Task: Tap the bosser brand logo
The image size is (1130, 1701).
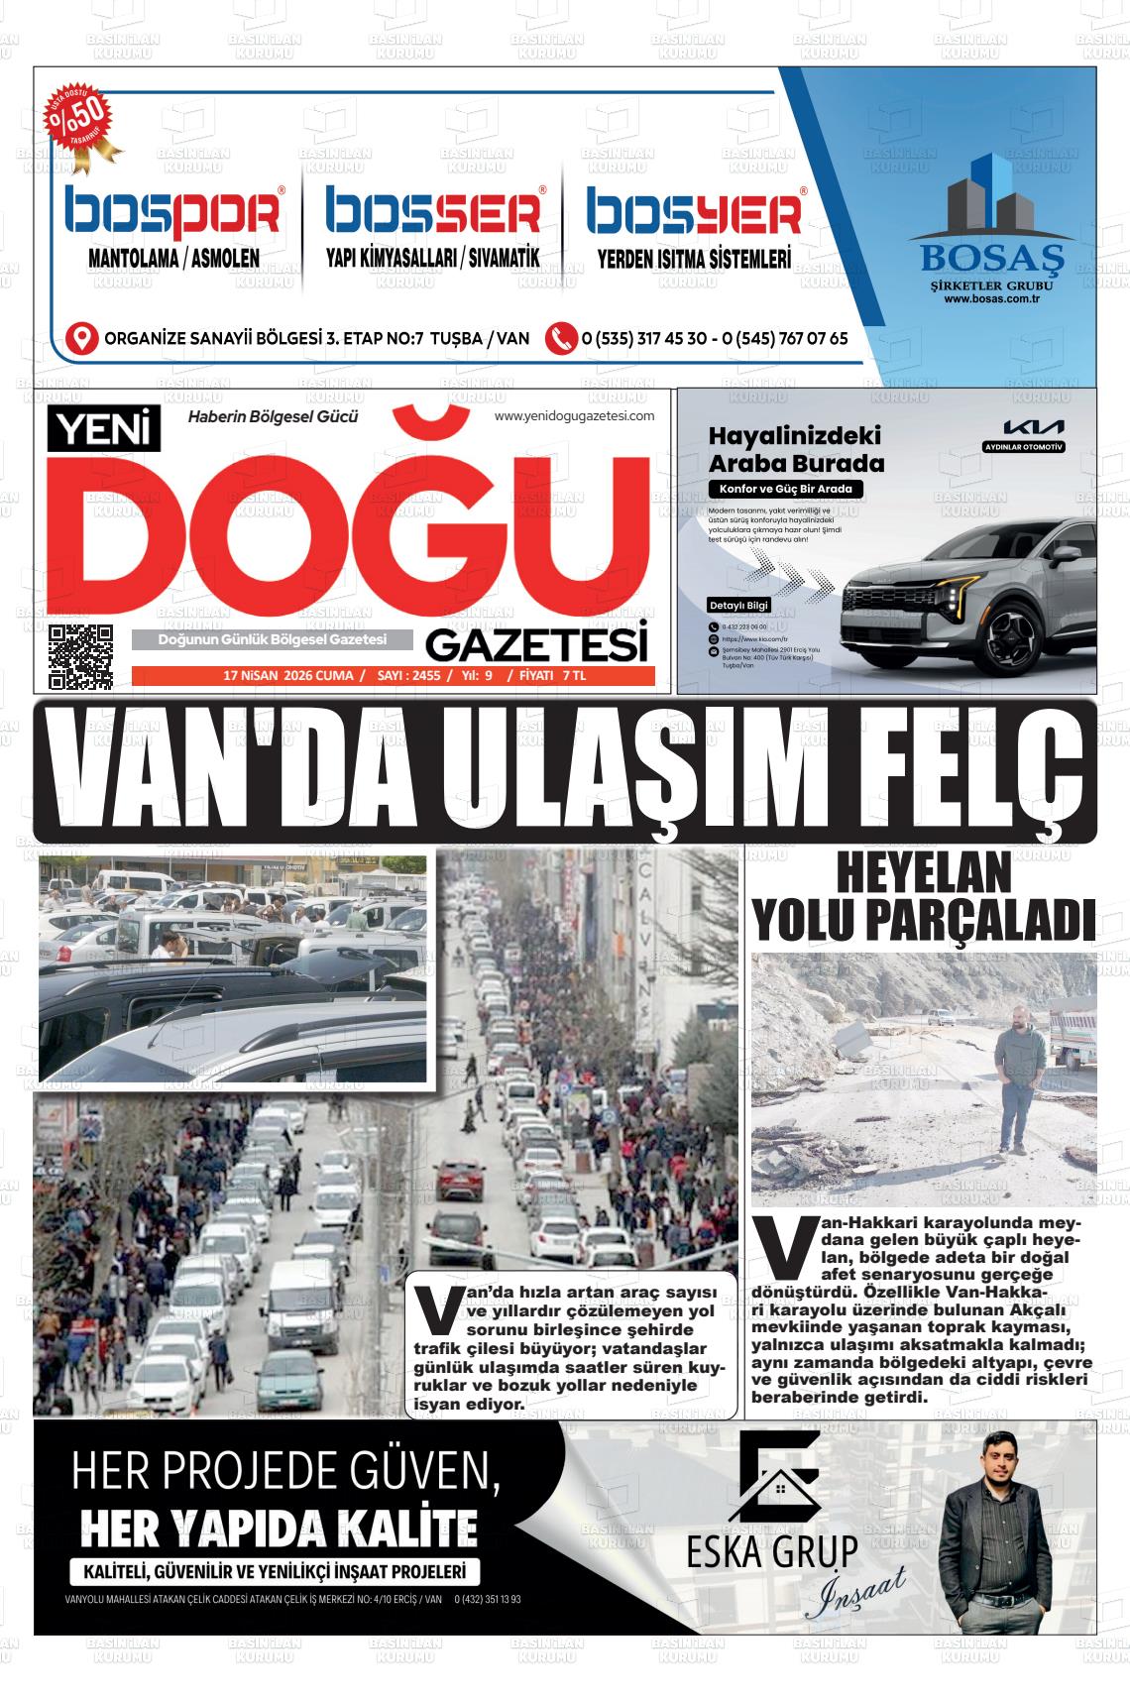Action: [x=434, y=213]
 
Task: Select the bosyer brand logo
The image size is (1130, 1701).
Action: [x=694, y=213]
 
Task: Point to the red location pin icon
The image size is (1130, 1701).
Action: [x=81, y=338]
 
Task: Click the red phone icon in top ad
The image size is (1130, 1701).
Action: [x=561, y=338]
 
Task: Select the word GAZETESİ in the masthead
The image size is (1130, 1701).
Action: [x=537, y=646]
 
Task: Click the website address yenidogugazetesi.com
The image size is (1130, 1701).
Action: [x=575, y=416]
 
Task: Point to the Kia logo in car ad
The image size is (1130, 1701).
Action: [x=1033, y=427]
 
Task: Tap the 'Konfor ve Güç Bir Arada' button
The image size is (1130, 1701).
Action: [x=785, y=489]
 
